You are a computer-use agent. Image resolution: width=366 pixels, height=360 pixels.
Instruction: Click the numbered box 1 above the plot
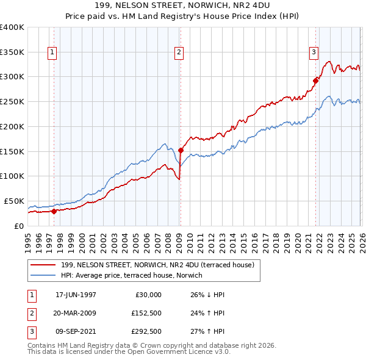pos(52,53)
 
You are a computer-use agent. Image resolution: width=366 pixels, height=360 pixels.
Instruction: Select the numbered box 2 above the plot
pos(179,53)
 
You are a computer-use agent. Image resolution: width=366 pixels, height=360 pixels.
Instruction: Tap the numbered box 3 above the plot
pos(314,53)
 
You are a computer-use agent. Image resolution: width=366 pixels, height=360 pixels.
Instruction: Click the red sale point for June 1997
pos(54,211)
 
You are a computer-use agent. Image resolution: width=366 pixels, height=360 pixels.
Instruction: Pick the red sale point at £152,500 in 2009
pos(181,149)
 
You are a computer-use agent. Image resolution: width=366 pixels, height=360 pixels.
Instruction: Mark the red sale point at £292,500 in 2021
pos(316,80)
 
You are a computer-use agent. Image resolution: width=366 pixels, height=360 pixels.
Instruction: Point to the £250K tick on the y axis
pos(12,101)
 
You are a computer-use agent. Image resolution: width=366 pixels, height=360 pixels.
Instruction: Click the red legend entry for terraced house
pos(161,264)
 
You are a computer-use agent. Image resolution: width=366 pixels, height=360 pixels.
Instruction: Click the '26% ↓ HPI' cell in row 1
pos(207,295)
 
